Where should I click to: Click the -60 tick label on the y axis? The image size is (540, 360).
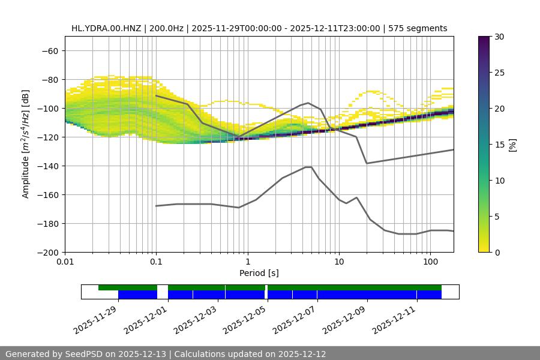[50, 50]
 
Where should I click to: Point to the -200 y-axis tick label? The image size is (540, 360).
[48, 252]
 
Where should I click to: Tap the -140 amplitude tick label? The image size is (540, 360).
[48, 166]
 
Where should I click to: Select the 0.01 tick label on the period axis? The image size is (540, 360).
[65, 262]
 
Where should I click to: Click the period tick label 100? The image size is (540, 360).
[430, 262]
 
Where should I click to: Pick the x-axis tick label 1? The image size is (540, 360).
[247, 262]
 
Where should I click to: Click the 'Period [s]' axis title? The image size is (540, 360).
[259, 273]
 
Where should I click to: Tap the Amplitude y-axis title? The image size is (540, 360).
[26, 144]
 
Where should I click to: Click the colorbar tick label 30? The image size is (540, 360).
[499, 37]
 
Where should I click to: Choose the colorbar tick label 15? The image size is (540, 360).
[499, 145]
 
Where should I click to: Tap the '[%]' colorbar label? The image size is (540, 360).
[512, 145]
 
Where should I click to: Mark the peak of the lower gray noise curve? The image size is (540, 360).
[308, 167]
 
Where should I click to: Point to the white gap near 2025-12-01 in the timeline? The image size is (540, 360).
[163, 292]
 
